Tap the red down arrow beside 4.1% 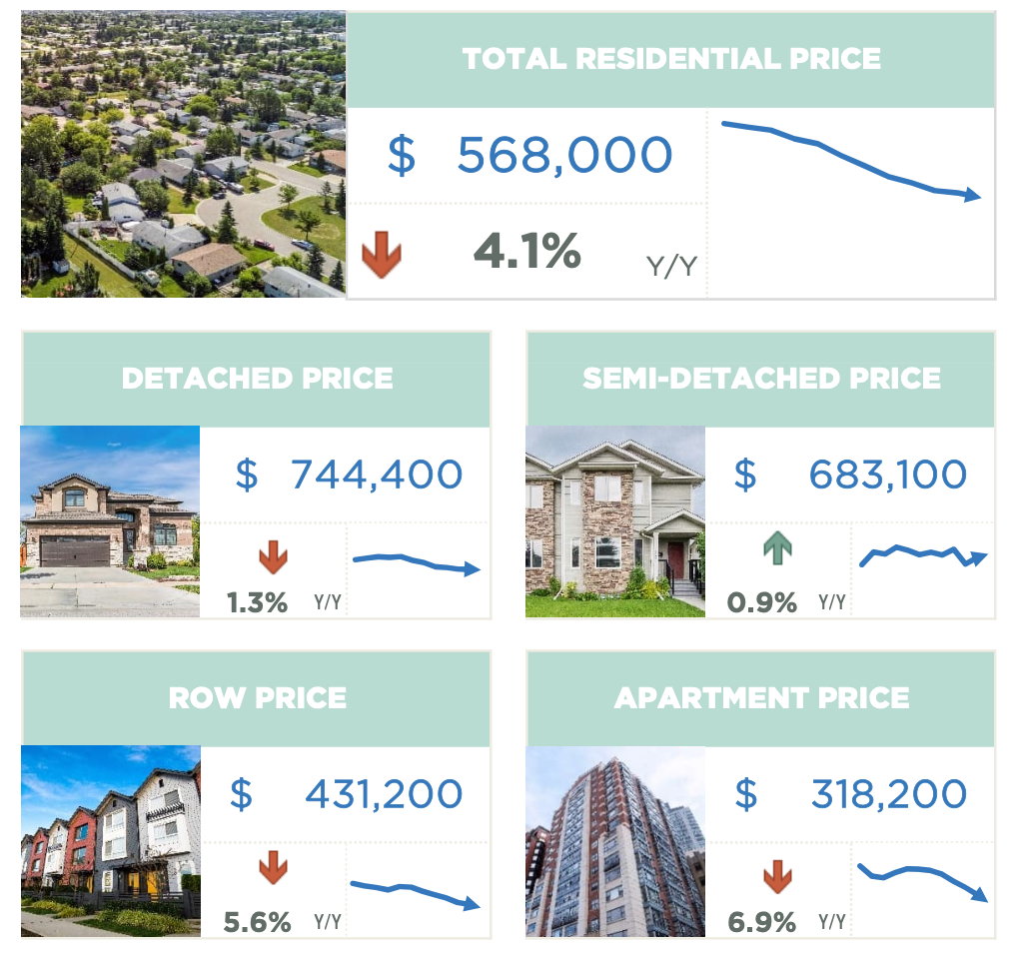point(381,255)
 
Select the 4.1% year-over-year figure point(526,251)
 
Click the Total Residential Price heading point(671,58)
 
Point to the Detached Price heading point(257,379)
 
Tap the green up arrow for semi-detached point(777,547)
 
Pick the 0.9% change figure point(762,602)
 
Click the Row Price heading point(257,697)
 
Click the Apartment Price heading point(761,697)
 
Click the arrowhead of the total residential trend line point(974,196)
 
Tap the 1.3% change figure point(257,602)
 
